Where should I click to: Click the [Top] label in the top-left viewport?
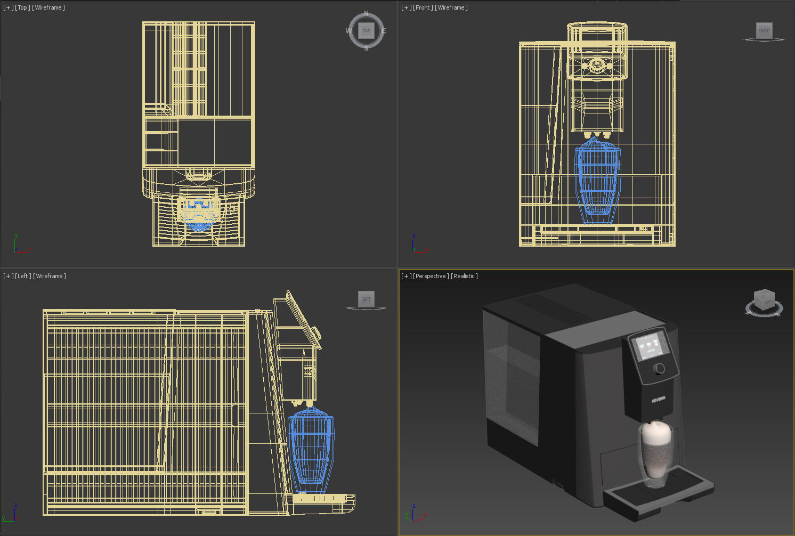(x=22, y=7)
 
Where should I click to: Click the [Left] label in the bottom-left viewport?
(x=22, y=276)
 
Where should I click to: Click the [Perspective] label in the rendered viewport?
(x=431, y=276)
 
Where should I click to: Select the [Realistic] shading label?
(x=464, y=276)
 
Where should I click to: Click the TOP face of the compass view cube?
(x=366, y=30)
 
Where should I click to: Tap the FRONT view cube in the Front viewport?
(x=764, y=30)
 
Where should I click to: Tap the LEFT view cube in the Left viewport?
(x=366, y=299)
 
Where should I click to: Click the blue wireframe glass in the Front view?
(x=597, y=181)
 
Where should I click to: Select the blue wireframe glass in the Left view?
(x=311, y=448)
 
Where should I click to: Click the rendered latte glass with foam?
(x=655, y=453)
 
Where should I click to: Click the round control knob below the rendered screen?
(x=660, y=368)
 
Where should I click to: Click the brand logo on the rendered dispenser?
(x=658, y=399)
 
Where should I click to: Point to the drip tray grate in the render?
(x=682, y=482)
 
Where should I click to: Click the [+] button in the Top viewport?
(x=8, y=7)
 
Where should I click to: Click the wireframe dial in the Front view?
(x=597, y=65)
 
